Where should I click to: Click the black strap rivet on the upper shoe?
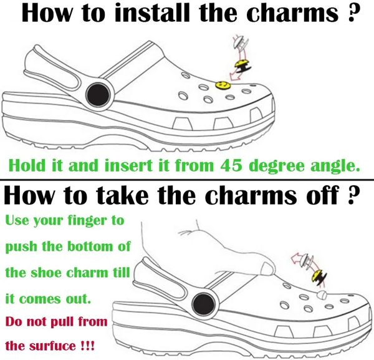98,95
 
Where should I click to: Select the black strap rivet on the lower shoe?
203,304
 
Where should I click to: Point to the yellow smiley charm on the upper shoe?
223,84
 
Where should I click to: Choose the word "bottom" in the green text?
89,246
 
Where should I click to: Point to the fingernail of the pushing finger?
267,268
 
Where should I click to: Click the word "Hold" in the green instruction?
27,165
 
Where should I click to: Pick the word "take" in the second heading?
123,195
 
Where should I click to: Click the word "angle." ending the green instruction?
335,166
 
